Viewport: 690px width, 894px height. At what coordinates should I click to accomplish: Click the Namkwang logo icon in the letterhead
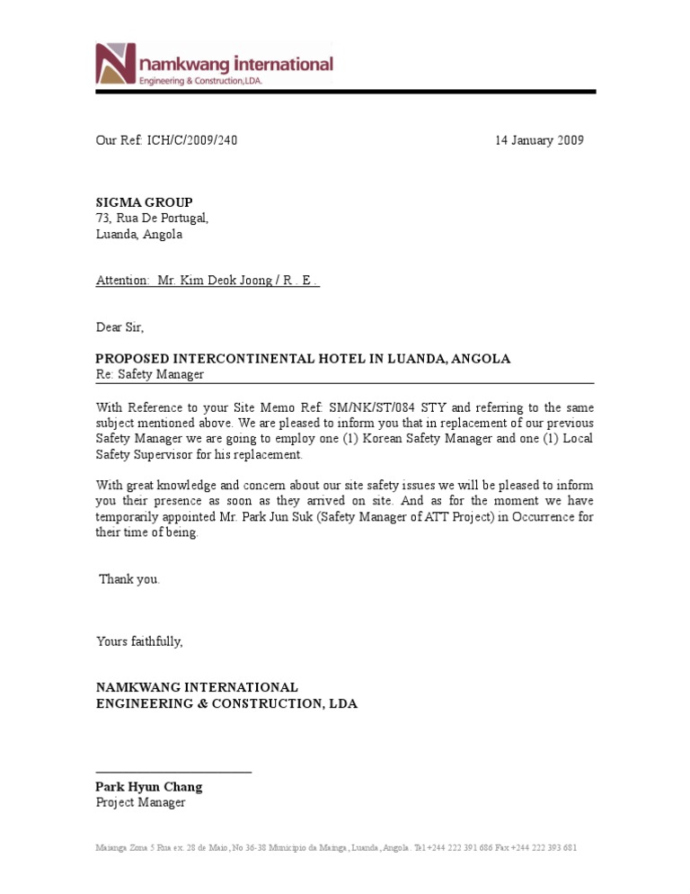point(116,65)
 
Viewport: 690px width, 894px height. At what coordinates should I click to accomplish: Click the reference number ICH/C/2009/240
point(192,140)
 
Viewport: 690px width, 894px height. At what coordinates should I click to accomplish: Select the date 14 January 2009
point(539,140)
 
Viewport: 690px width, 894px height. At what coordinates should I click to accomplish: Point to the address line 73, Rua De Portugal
point(152,219)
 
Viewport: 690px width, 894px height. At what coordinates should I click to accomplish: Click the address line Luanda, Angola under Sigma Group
point(139,235)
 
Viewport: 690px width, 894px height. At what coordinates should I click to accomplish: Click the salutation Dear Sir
point(119,327)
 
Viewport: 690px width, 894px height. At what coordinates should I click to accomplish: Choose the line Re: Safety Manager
point(150,374)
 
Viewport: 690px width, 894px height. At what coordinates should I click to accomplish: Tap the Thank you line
point(129,579)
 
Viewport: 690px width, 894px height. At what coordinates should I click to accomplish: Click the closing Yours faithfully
point(139,641)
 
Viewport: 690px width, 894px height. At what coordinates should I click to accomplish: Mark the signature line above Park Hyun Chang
point(173,772)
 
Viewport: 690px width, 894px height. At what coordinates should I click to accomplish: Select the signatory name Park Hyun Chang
point(149,787)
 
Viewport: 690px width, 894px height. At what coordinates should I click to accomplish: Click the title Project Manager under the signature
point(141,802)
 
